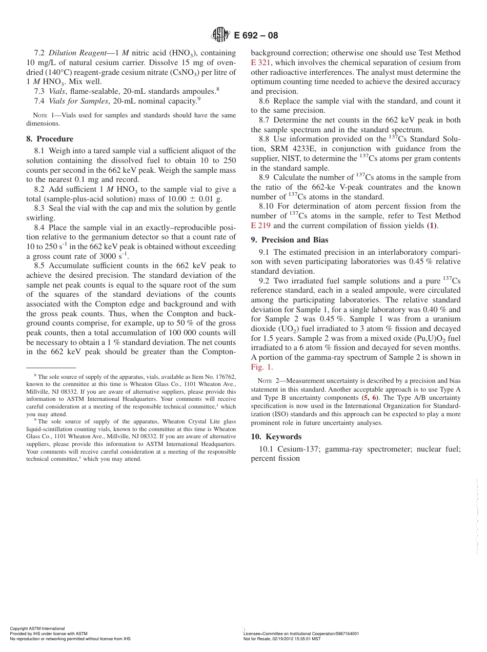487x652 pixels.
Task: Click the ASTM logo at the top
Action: coord(221,35)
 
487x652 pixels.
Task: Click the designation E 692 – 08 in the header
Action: coord(256,35)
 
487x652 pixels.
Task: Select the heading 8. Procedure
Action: coord(50,139)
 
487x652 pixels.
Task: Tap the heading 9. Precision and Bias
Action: coord(290,240)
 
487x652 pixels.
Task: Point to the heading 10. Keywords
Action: coord(276,437)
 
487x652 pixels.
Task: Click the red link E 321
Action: coord(261,63)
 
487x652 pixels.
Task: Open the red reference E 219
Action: coord(261,226)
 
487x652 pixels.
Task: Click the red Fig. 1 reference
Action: coord(261,367)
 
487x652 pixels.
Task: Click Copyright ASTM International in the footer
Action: coord(37,628)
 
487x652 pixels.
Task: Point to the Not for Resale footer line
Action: coord(282,639)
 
